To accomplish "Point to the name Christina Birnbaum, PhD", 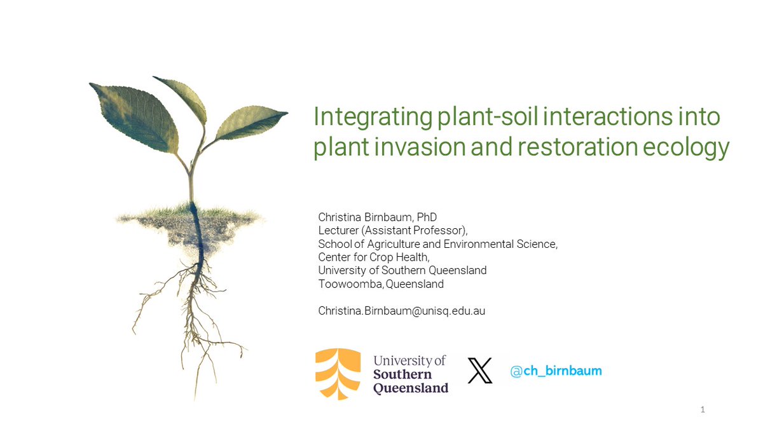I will (377, 217).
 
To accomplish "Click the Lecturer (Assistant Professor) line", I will (392, 231).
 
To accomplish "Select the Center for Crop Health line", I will (374, 257).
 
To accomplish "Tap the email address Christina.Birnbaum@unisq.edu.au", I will (401, 311).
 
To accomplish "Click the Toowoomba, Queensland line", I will (381, 284).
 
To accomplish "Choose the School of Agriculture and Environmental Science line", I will (437, 244).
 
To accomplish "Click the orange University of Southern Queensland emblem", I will (338, 374).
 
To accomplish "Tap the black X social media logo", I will (480, 371).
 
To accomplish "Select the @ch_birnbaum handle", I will (556, 371).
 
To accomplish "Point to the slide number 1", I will (702, 410).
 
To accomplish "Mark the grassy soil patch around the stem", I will (191, 219).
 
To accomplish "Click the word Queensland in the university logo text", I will (410, 388).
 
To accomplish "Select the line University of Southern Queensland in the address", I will (402, 271).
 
